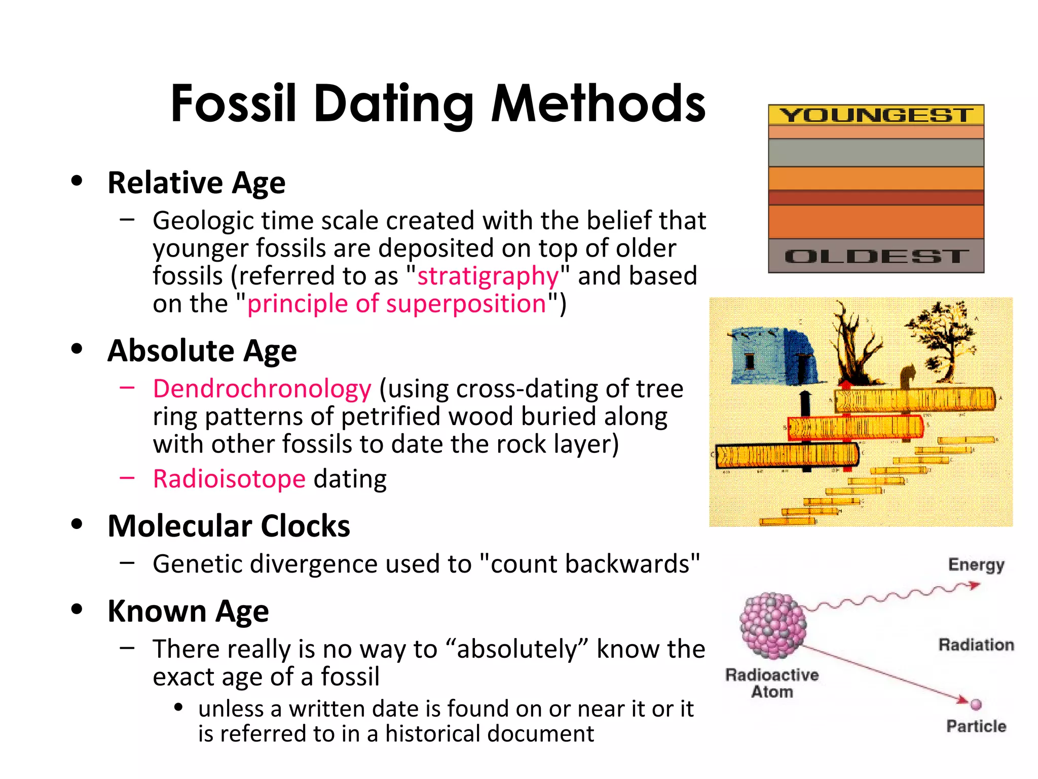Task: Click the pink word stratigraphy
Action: [x=488, y=276]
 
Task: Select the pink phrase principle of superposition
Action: [x=396, y=304]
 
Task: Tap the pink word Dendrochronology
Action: [x=262, y=389]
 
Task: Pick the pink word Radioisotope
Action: [x=229, y=479]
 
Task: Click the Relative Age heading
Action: [x=197, y=183]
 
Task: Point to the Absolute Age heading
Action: [x=202, y=350]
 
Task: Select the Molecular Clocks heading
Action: [x=229, y=526]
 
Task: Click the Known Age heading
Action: [x=188, y=611]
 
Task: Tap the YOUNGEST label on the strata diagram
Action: [x=876, y=115]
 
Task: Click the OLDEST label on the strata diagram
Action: [x=876, y=256]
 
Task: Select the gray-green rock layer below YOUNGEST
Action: [x=876, y=153]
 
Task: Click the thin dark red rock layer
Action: [x=876, y=197]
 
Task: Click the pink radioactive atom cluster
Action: [x=772, y=625]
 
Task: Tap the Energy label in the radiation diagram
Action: [x=976, y=564]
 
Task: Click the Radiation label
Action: [x=976, y=645]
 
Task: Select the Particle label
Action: [x=976, y=726]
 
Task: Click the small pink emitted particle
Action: [x=976, y=704]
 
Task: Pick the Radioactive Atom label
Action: [x=772, y=683]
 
